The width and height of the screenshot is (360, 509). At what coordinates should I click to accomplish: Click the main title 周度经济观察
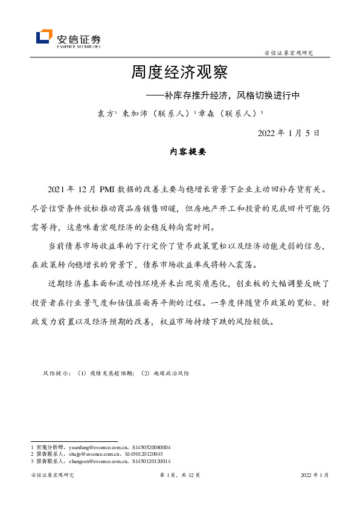179,74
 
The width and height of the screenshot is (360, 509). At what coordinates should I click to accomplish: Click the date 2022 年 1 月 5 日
289,133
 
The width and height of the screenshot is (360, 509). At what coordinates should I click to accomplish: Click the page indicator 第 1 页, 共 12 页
180,475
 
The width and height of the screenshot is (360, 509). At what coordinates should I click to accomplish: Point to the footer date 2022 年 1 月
315,475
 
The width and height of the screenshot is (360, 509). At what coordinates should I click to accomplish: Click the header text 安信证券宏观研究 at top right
289,53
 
